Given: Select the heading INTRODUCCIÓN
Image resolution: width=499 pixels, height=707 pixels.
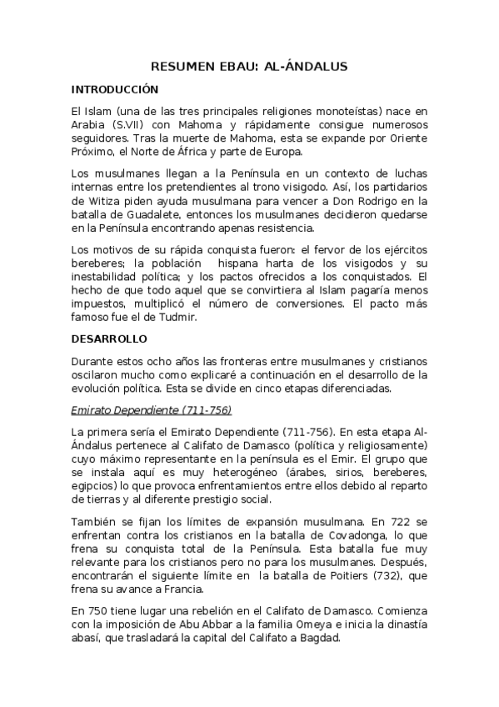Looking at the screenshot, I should pyautogui.click(x=115, y=89).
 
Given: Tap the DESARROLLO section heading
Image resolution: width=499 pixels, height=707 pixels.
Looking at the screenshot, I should pyautogui.click(x=109, y=339).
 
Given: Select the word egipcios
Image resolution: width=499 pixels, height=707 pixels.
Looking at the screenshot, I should pyautogui.click(x=94, y=484).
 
